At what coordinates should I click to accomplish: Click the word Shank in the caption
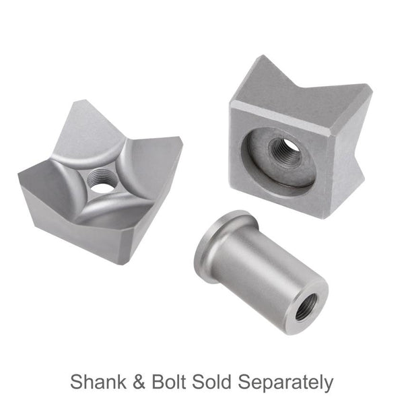(x=98, y=382)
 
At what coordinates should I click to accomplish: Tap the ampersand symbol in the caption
(x=139, y=382)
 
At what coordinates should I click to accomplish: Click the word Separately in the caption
(x=285, y=383)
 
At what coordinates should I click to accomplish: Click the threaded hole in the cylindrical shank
(x=307, y=306)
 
